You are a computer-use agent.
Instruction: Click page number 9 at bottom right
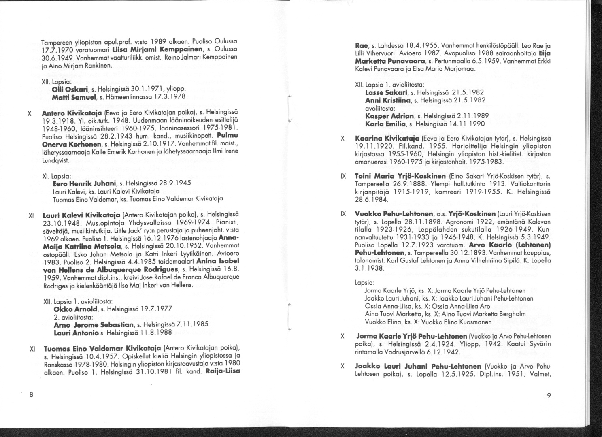(549, 396)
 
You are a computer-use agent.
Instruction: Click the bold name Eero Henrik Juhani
(79, 183)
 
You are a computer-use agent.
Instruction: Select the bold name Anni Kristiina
(385, 100)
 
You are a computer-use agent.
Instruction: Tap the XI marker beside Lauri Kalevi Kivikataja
(31, 215)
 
